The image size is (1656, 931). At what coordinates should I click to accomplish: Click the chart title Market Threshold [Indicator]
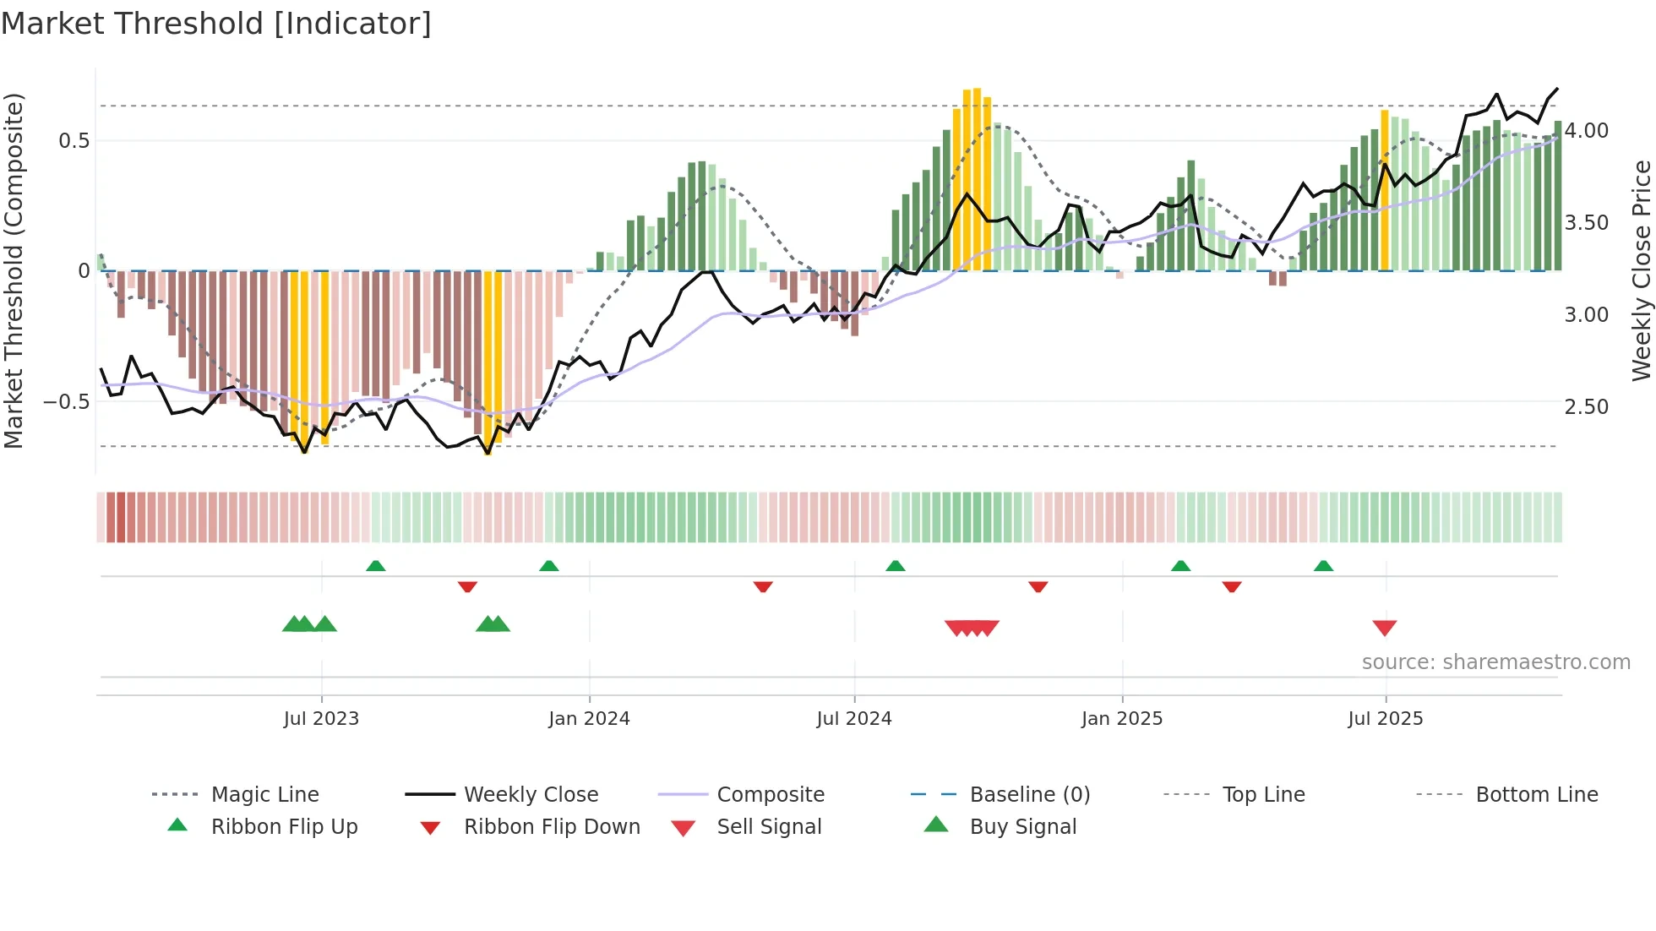coord(216,24)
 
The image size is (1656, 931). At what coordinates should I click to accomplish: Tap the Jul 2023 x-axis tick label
coord(321,719)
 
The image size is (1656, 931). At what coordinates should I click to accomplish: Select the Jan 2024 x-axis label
coord(589,719)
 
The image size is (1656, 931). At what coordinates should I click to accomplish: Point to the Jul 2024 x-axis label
coord(853,719)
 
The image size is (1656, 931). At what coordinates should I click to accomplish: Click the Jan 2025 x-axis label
coord(1122,719)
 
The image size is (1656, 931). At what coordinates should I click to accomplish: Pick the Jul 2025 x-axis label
coord(1385,719)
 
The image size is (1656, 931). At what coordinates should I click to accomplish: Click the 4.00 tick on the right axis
coord(1586,131)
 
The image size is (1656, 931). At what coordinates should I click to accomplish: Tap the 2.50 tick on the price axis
coord(1586,407)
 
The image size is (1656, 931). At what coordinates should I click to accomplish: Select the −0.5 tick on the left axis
coord(66,402)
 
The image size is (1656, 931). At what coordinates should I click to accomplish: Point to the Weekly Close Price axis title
coord(1641,270)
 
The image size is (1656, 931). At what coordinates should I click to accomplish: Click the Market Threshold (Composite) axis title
coord(14,270)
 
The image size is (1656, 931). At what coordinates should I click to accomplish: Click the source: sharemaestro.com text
coord(1495,662)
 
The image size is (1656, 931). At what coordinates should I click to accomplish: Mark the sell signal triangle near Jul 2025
coord(1384,628)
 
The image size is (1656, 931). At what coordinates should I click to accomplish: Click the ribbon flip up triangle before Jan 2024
coord(549,566)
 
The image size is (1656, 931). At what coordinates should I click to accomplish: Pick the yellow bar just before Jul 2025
coord(1384,190)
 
